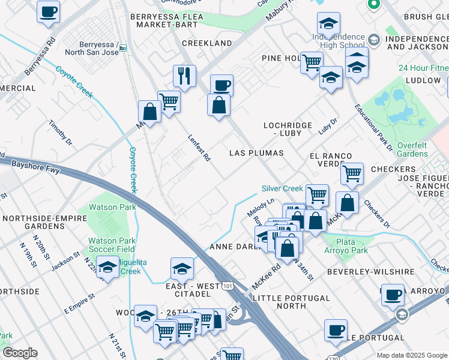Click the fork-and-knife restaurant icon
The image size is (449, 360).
tap(184, 76)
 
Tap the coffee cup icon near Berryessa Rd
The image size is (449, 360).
tap(48, 11)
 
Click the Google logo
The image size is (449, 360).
tap(20, 353)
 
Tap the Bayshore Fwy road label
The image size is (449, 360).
tap(37, 167)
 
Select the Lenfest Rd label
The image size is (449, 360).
tap(199, 148)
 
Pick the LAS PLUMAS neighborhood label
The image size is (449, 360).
tap(256, 153)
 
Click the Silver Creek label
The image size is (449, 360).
tap(282, 188)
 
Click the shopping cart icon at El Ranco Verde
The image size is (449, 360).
tap(352, 173)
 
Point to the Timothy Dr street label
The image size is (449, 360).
tap(60, 133)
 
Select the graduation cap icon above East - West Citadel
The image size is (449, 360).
tap(182, 269)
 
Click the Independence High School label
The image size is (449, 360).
tap(338, 41)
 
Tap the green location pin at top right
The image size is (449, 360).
tap(373, 5)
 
